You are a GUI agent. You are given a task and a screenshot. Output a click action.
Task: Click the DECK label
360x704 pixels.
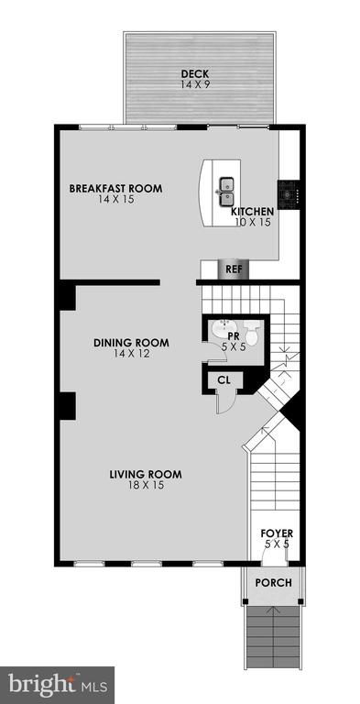click(x=195, y=73)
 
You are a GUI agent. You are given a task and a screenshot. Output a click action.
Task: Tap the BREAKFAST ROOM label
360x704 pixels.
click(x=115, y=188)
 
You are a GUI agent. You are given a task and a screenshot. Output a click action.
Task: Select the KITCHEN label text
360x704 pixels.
click(x=252, y=212)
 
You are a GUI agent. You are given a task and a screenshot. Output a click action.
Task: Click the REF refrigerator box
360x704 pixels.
click(x=231, y=269)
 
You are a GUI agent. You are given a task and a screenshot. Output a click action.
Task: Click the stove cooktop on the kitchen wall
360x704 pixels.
click(x=288, y=194)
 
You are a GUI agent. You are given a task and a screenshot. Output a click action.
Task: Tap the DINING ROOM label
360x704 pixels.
click(x=132, y=343)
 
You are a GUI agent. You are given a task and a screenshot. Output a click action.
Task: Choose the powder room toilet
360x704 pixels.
click(x=252, y=332)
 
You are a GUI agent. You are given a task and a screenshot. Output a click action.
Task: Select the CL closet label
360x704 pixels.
click(x=224, y=380)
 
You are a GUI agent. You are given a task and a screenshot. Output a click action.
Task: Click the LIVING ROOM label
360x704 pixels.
click(x=146, y=474)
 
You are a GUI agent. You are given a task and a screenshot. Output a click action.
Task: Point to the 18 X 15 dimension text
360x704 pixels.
click(x=146, y=485)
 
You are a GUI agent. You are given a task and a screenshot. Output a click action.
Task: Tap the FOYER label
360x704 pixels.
click(x=277, y=533)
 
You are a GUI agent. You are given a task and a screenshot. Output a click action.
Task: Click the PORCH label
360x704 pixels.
click(x=273, y=583)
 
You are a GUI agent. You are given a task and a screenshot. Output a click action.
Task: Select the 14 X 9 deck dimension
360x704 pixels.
click(x=195, y=84)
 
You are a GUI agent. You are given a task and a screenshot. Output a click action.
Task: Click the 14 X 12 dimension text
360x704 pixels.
click(x=132, y=354)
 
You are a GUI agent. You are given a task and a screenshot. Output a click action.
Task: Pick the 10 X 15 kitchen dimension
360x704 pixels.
click(x=253, y=222)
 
